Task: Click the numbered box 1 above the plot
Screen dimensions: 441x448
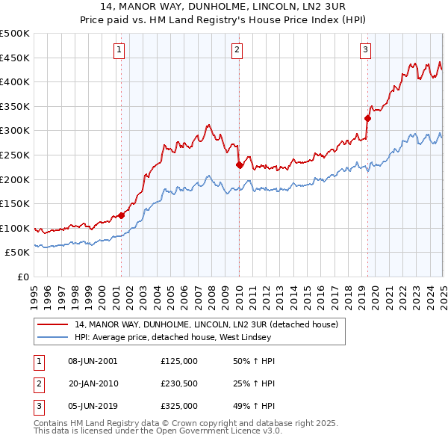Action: coord(119,50)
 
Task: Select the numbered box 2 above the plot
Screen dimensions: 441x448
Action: coord(236,50)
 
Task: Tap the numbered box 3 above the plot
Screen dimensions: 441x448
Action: coord(365,50)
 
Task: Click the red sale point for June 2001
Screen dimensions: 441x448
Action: coord(121,215)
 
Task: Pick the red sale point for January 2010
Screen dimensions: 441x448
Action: coord(239,164)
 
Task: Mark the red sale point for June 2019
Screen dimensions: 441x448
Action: coord(367,118)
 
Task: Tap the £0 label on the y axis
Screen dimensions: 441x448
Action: coord(22,277)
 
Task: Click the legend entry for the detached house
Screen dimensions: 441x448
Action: coord(207,324)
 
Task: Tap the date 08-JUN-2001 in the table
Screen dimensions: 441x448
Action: coord(93,362)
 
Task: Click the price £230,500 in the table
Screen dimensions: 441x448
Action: coord(178,384)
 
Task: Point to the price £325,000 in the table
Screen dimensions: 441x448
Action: coord(178,407)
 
